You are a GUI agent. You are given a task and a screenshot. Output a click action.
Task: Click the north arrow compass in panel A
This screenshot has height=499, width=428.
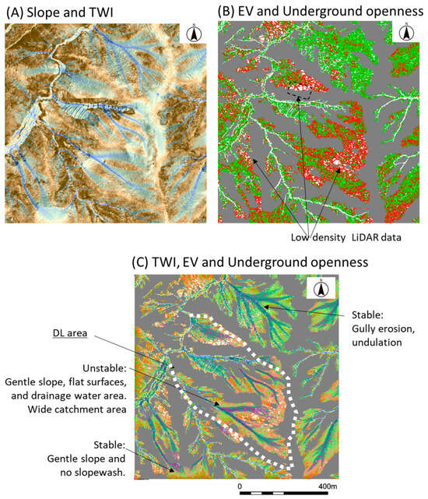click(194, 33)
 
